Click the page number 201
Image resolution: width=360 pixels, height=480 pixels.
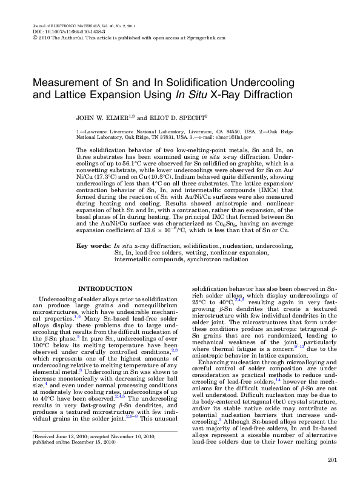point(331,462)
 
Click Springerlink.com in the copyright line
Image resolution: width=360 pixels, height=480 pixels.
point(205,38)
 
